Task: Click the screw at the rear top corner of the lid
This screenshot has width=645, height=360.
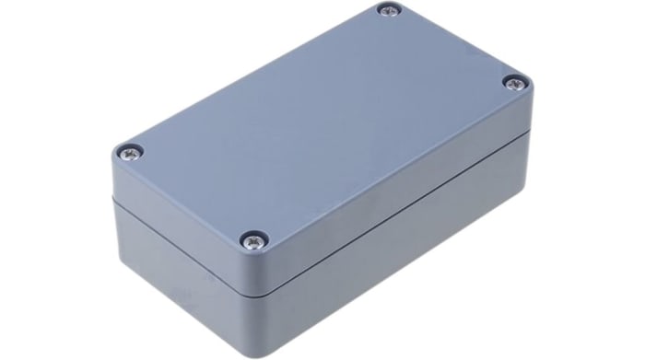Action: (x=388, y=12)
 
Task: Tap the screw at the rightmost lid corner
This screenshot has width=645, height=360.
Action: (x=513, y=84)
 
